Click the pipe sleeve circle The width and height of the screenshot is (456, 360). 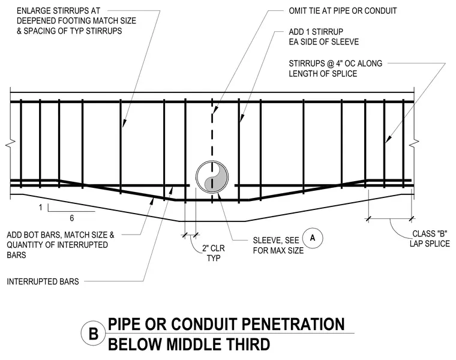(196, 177)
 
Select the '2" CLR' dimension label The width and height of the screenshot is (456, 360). (214, 248)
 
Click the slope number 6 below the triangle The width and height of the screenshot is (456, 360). (72, 218)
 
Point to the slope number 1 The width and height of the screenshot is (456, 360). (41, 208)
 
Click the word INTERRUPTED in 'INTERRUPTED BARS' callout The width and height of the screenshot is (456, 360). (29, 281)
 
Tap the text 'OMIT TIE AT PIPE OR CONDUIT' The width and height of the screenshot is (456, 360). (343, 11)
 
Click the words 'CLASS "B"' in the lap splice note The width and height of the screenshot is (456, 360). (430, 233)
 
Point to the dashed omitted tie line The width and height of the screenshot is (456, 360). (212, 151)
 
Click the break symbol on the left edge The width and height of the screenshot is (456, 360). (10, 143)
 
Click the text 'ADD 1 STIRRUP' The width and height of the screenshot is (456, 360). (316, 32)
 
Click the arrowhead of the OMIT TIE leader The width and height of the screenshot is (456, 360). (215, 110)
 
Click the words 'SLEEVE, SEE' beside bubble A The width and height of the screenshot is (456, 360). (276, 241)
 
